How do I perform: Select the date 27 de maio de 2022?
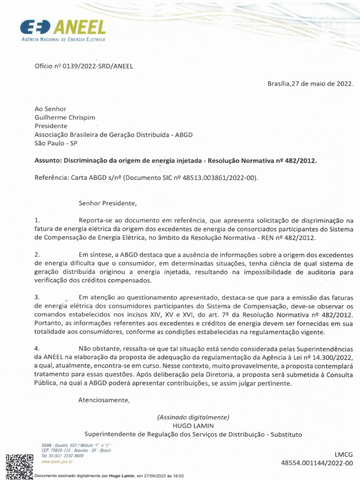click(x=322, y=84)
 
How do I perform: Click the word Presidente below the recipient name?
click(x=51, y=126)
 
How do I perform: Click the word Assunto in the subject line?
click(x=47, y=160)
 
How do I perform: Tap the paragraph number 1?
click(x=37, y=220)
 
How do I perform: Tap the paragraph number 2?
click(x=37, y=255)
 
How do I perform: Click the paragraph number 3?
click(x=37, y=298)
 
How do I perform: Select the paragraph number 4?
click(x=37, y=349)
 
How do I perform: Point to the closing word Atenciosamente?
click(x=104, y=400)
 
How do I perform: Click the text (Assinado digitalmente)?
click(x=193, y=417)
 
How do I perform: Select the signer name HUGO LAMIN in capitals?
click(x=193, y=425)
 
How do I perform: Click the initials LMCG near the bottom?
click(x=343, y=455)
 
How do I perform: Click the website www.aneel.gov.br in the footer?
click(x=57, y=462)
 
